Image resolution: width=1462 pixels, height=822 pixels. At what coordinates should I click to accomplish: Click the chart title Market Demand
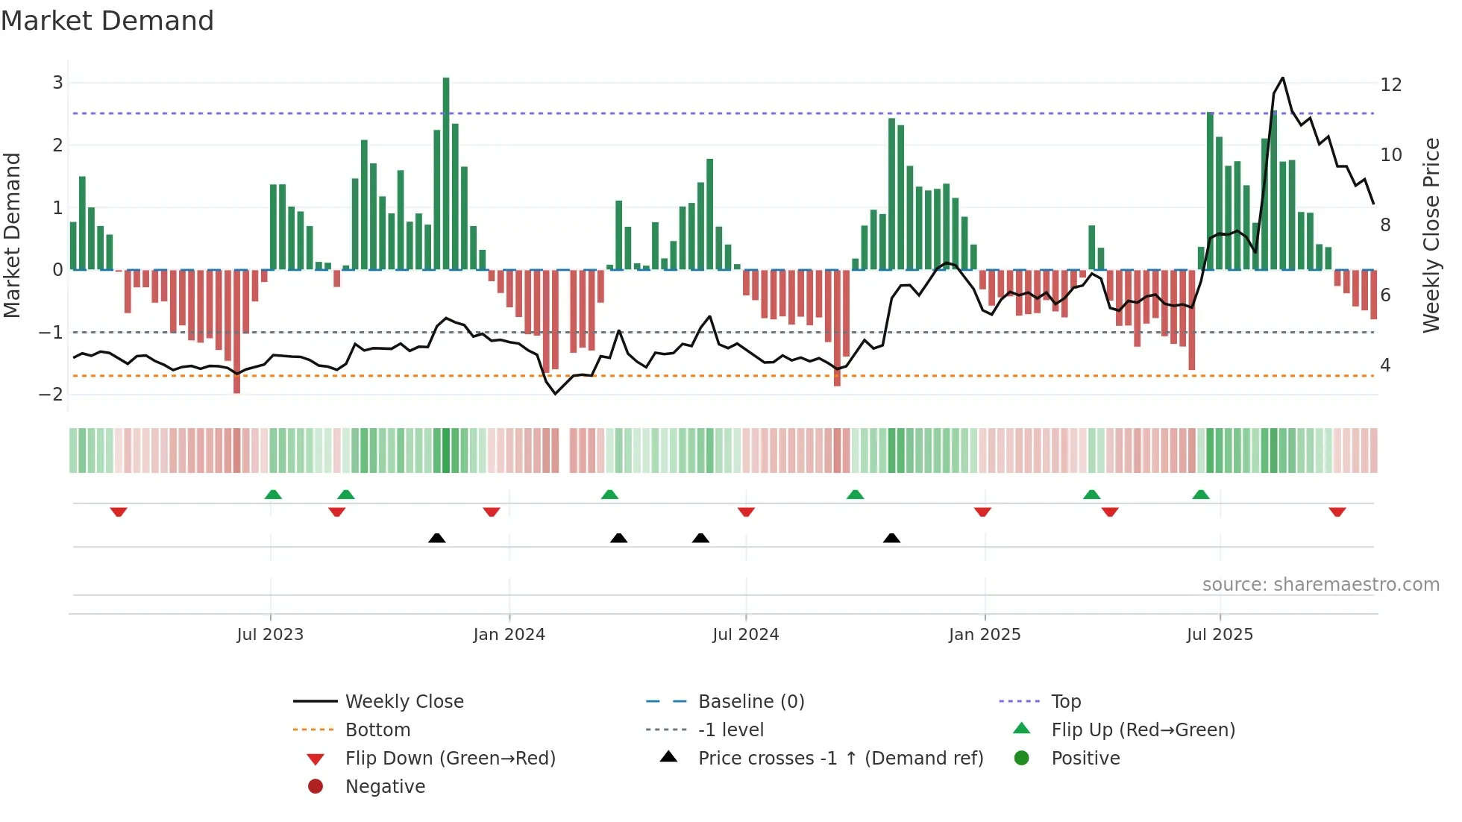[x=107, y=21]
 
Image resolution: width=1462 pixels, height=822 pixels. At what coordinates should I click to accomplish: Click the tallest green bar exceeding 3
[x=446, y=172]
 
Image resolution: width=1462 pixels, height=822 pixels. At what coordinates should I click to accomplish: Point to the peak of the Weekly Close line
[x=1282, y=78]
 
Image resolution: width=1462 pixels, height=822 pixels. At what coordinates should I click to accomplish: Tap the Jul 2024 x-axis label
[x=745, y=635]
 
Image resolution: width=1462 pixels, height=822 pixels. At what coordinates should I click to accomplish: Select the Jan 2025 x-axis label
[x=984, y=635]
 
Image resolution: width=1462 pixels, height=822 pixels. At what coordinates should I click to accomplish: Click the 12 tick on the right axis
[x=1390, y=84]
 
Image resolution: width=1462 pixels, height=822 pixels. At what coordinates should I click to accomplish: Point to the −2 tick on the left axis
[x=51, y=394]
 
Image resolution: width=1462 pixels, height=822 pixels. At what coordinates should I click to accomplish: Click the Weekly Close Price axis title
[x=1431, y=235]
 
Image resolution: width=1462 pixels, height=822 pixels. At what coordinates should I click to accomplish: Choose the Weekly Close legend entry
[x=404, y=702]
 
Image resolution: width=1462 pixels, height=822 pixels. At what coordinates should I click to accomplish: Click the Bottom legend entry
[x=377, y=730]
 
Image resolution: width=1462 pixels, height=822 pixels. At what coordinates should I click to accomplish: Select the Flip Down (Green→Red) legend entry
[x=450, y=759]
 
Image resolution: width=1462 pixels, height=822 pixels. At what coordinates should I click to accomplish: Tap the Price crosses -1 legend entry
[x=840, y=759]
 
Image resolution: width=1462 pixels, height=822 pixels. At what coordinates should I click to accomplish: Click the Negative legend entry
[x=385, y=787]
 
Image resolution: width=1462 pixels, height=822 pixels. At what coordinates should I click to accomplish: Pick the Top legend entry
[x=1065, y=702]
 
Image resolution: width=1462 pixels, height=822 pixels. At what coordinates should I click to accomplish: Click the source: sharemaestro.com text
[x=1320, y=585]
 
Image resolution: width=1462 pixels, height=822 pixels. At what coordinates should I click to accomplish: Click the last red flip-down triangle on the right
[x=1337, y=512]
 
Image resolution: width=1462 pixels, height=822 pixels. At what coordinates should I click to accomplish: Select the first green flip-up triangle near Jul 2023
[x=273, y=495]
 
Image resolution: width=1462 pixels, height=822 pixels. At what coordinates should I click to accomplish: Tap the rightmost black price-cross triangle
[x=891, y=538]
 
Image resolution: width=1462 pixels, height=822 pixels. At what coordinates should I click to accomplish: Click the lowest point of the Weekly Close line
[x=555, y=394]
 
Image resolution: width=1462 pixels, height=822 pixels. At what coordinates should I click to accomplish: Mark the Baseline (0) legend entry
[x=750, y=702]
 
